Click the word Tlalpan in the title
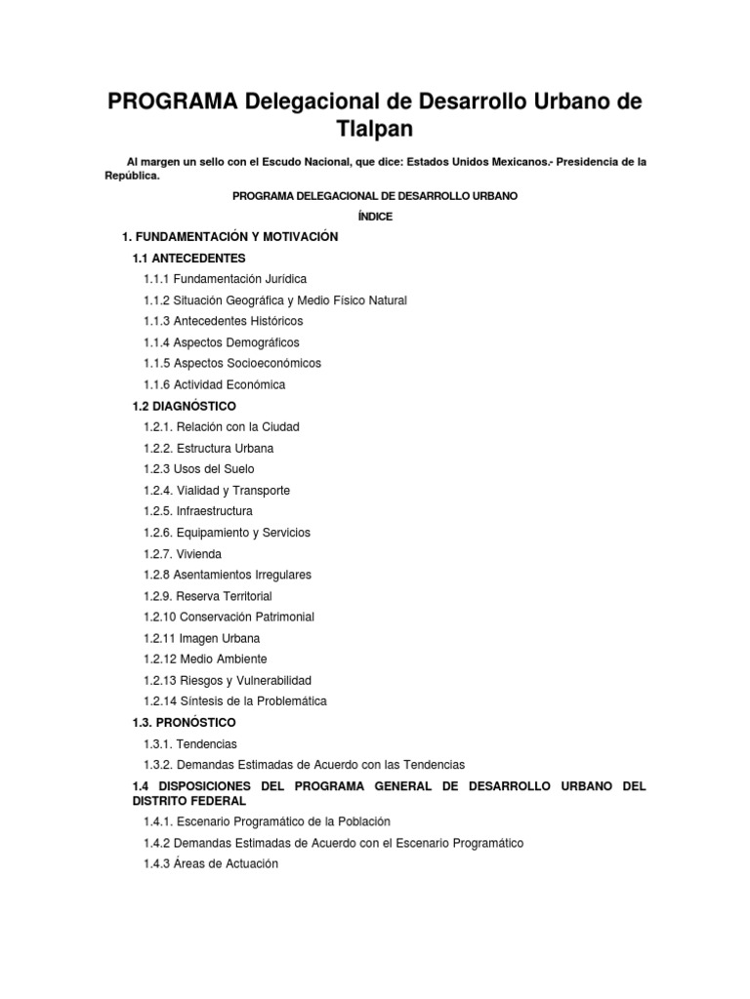(x=375, y=129)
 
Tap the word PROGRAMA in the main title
(x=171, y=101)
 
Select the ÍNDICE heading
(x=375, y=217)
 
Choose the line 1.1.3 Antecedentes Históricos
(x=223, y=321)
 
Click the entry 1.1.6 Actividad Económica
(x=214, y=384)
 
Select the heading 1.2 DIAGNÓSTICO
(x=184, y=406)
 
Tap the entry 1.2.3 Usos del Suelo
(x=199, y=469)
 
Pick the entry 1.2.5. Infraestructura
(x=197, y=511)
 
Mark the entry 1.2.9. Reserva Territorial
(x=207, y=596)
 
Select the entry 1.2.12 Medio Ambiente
(x=204, y=659)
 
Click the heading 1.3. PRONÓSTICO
(x=184, y=723)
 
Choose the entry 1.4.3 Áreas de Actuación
(x=210, y=863)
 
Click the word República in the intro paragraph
(x=132, y=177)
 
